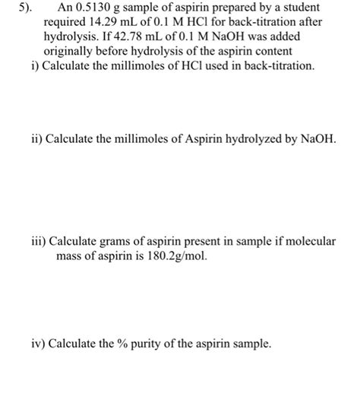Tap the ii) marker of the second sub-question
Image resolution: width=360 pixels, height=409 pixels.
coord(35,141)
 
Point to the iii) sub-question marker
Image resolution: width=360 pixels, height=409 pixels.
coord(37,242)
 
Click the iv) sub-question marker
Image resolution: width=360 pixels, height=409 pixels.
coord(36,344)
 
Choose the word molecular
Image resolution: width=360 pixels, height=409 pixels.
coord(310,242)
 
